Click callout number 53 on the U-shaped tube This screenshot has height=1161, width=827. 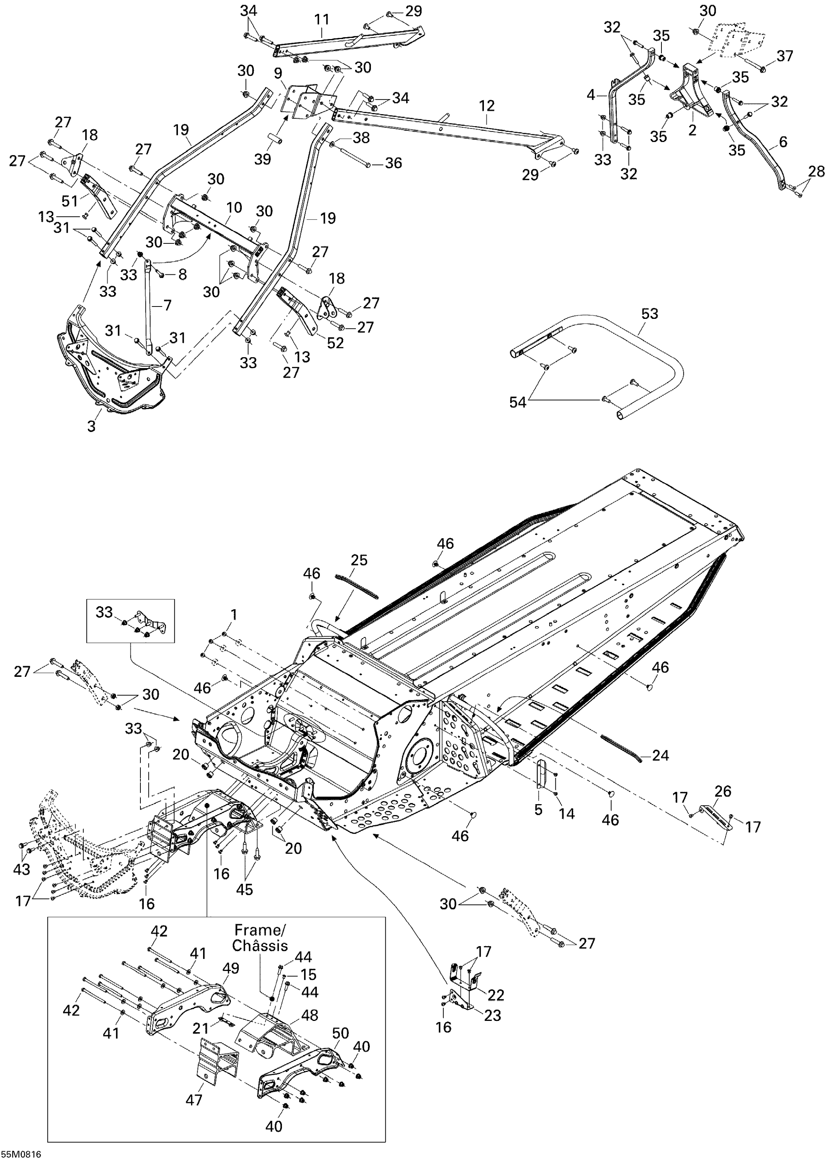[x=649, y=313]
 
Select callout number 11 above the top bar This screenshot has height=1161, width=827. [x=321, y=19]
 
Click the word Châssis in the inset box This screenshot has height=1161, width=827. [x=260, y=945]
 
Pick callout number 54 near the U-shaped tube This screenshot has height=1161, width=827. [x=518, y=402]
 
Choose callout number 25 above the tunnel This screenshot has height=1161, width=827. [x=359, y=560]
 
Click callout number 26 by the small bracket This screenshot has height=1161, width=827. [x=723, y=791]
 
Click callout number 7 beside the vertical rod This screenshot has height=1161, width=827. [x=167, y=305]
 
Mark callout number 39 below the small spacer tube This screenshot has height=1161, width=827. [x=263, y=159]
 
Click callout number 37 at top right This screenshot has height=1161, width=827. [x=785, y=56]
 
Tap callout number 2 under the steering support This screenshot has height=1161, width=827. [x=692, y=130]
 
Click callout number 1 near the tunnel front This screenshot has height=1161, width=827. [x=234, y=615]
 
